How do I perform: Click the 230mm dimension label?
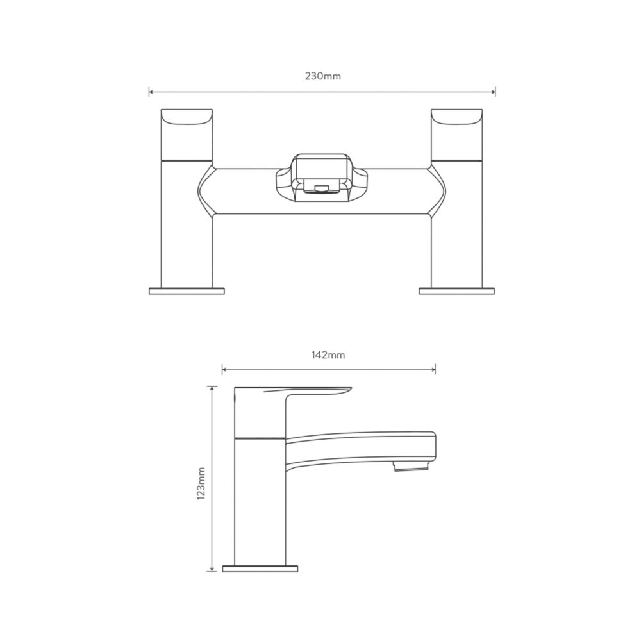[322, 76]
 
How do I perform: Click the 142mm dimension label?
[328, 355]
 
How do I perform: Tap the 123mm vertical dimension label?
[201, 484]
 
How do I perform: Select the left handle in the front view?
[187, 135]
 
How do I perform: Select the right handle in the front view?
[456, 135]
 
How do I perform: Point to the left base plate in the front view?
[187, 291]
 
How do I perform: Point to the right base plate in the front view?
[456, 291]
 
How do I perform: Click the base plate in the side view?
[260, 569]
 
